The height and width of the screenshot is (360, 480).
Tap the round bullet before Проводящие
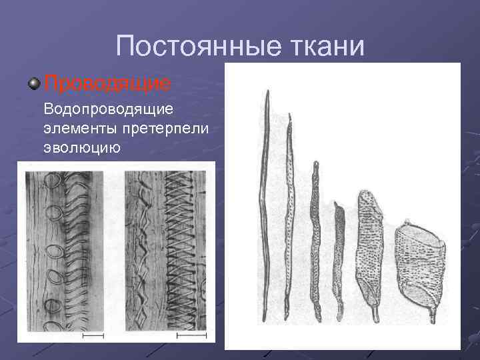pos(34,83)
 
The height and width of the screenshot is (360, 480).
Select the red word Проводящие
pos(107,83)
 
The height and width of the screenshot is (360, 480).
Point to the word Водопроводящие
pos(109,108)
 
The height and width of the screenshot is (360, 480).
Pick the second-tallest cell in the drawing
pos(289,213)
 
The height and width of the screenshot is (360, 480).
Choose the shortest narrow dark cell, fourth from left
pos(339,257)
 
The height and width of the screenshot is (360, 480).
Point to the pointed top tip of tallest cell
pos(267,91)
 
